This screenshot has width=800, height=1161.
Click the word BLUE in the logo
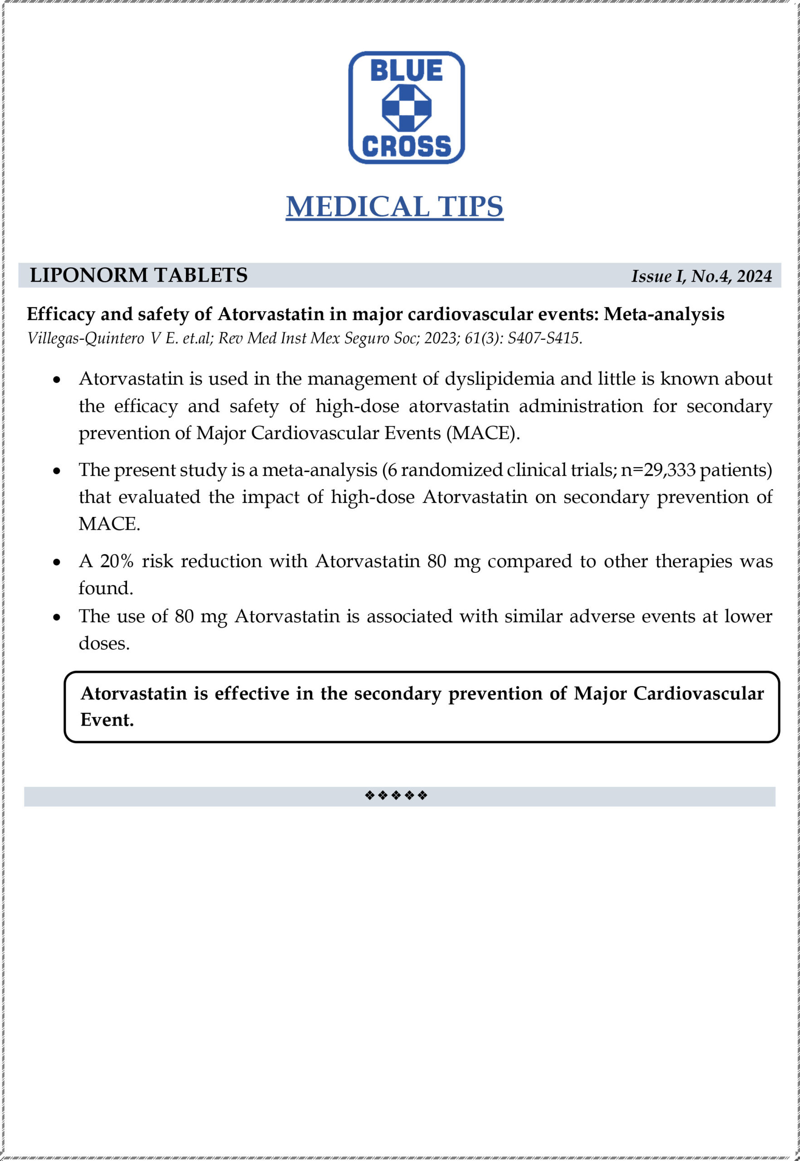(x=406, y=70)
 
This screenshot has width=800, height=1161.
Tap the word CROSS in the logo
(x=406, y=146)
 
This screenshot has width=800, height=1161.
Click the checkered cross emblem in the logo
(x=407, y=108)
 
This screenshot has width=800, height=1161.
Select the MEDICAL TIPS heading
(x=394, y=207)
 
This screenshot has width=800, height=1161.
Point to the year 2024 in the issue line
(x=754, y=276)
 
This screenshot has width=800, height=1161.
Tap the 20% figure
(x=117, y=561)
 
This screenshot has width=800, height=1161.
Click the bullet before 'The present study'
(x=57, y=471)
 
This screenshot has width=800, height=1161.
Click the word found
(x=105, y=588)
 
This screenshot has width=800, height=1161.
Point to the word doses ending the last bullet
(x=103, y=644)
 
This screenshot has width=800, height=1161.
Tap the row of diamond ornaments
(x=396, y=795)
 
